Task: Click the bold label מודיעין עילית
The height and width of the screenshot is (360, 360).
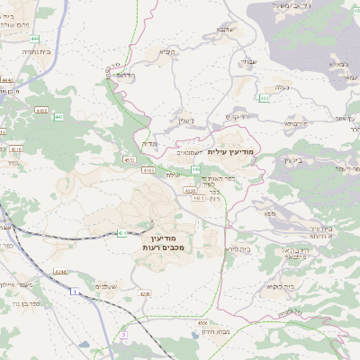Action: pos(231,151)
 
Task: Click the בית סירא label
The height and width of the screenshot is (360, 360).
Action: pos(238,247)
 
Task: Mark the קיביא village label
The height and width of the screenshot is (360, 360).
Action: pos(167,51)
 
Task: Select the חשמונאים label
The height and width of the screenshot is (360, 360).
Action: pos(188,151)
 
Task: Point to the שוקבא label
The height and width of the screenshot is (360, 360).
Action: pos(225,29)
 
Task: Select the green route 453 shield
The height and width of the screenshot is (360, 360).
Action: pos(264,97)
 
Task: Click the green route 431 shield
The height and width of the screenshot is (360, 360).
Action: pos(121,233)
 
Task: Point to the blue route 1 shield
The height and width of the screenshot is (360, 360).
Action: pos(72,292)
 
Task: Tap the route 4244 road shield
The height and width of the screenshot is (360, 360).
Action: pos(60,271)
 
